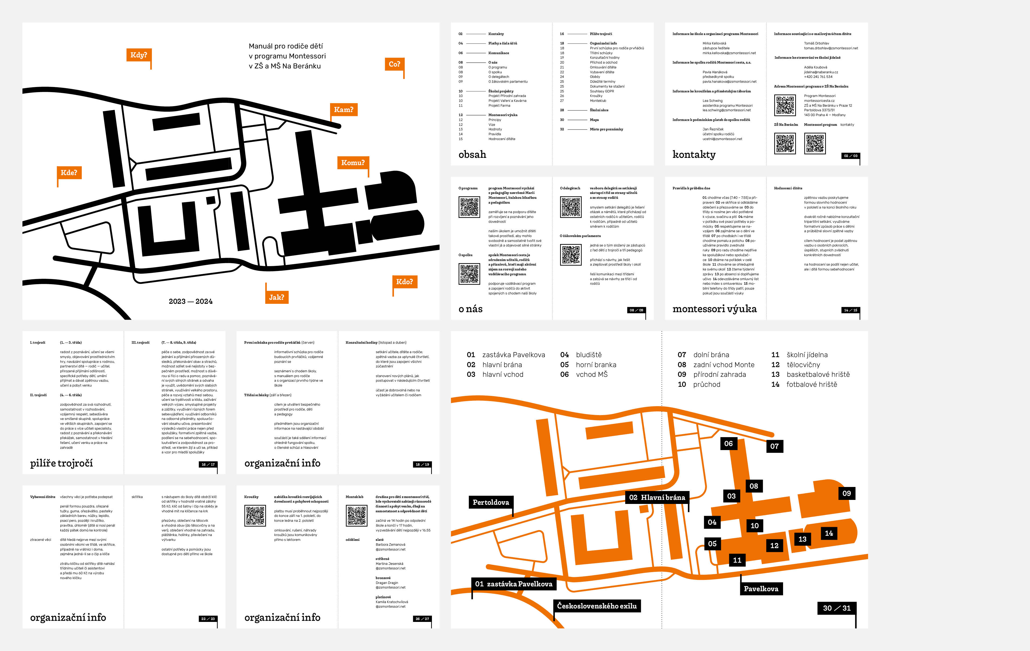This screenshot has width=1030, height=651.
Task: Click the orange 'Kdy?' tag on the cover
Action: point(139,55)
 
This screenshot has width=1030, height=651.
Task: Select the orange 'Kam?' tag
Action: point(344,110)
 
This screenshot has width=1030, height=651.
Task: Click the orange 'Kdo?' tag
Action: point(404,282)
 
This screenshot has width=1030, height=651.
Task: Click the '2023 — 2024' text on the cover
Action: point(190,302)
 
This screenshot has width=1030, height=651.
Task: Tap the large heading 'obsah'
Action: point(472,154)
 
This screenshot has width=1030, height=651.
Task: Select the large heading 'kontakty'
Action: point(694,154)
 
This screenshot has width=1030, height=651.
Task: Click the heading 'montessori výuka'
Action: point(714,309)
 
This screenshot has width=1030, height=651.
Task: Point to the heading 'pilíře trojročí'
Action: point(61,463)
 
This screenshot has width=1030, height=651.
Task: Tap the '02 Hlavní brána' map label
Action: point(657,497)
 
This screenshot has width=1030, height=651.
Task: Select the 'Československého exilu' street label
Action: point(597,606)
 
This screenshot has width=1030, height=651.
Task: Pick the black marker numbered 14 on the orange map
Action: point(829,533)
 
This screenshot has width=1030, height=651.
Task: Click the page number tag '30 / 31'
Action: point(837,608)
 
